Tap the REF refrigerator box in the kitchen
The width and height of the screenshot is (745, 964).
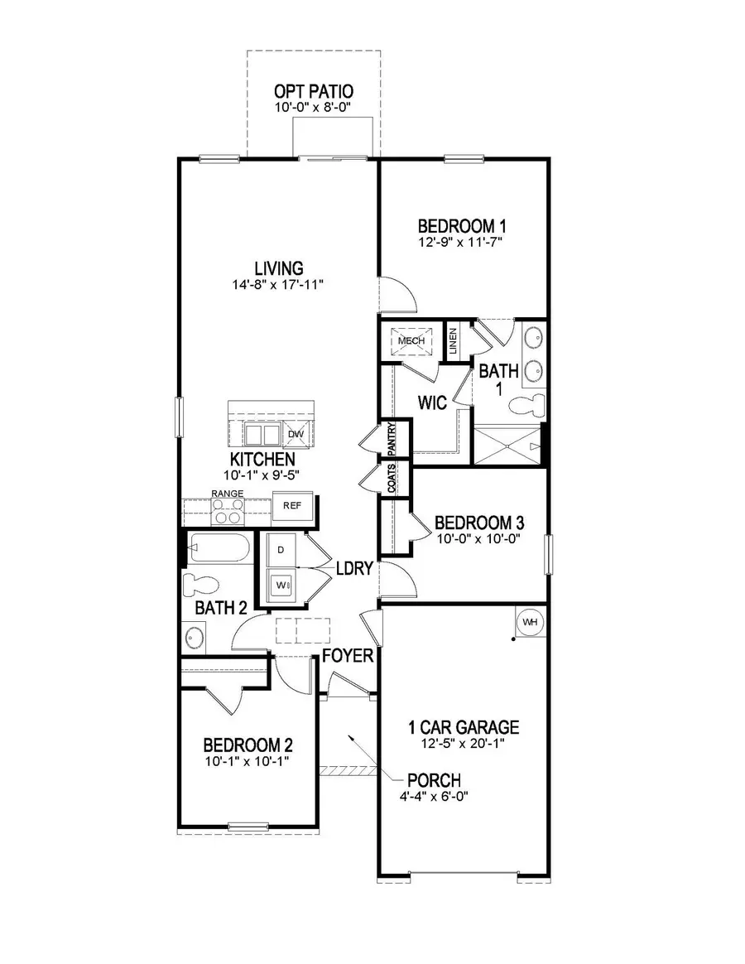tap(291, 505)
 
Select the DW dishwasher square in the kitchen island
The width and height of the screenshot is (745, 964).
tap(296, 434)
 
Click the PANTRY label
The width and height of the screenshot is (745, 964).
tap(392, 437)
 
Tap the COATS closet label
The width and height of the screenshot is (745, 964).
tap(392, 478)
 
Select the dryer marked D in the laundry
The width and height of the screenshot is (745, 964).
tap(281, 549)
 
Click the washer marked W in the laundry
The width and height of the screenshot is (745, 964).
tap(281, 583)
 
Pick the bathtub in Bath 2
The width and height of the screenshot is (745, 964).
tap(217, 548)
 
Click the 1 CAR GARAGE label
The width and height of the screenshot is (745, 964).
tap(464, 728)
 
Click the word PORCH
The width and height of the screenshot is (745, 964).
tap(433, 780)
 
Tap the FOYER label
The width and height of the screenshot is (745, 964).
tap(347, 656)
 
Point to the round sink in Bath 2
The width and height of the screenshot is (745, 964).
tap(195, 638)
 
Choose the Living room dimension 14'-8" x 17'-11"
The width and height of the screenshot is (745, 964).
tap(279, 285)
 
